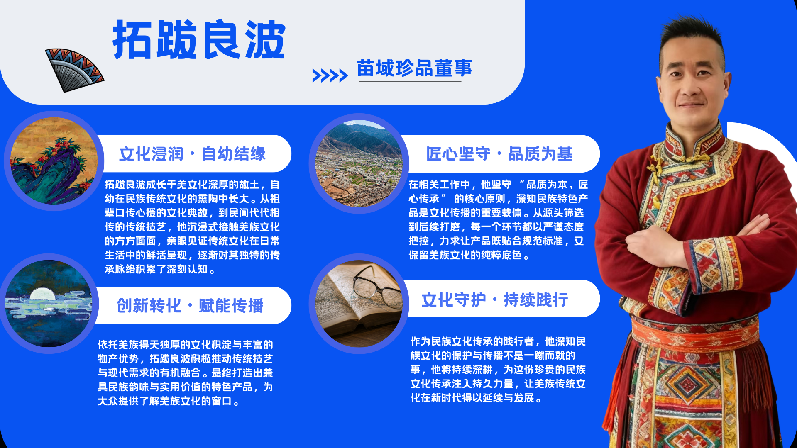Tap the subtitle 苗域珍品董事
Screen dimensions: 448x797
tap(414, 68)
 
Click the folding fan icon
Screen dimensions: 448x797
tap(73, 70)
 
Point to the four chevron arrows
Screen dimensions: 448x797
tap(330, 75)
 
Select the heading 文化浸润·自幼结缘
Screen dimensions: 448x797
tap(192, 154)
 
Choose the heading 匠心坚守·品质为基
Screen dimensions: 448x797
tap(499, 154)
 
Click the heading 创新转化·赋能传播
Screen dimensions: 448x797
tap(190, 306)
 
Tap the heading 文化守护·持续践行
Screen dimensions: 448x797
tap(495, 299)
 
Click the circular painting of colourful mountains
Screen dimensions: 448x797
tap(54, 161)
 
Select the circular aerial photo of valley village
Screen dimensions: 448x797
tap(359, 164)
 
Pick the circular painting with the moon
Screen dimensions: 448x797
tap(49, 304)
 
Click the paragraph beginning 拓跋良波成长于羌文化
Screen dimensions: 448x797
tap(192, 227)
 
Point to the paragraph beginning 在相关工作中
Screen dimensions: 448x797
tap(498, 220)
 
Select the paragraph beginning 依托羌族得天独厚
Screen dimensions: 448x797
tap(186, 373)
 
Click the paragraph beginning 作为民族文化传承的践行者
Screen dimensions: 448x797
tap(498, 369)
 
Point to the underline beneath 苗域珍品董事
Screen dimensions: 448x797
tap(410, 81)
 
